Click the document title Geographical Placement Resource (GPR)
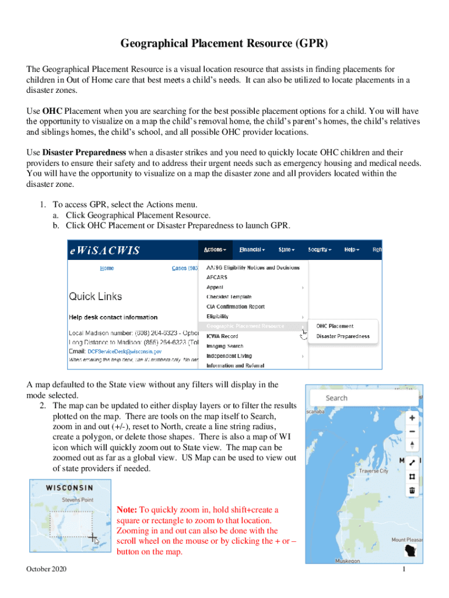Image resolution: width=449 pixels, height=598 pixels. click(224, 44)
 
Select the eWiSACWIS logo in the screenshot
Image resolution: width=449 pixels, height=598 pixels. click(105, 250)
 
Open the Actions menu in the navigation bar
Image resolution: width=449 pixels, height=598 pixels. click(214, 250)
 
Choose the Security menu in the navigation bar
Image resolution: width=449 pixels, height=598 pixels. click(320, 250)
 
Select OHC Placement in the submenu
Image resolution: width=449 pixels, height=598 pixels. click(335, 326)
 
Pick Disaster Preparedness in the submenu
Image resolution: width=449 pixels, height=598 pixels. click(343, 336)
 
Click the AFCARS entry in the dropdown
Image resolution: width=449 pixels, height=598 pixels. click(217, 277)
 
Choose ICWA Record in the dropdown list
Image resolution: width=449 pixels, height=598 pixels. click(222, 336)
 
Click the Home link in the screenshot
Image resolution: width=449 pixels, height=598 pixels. click(107, 268)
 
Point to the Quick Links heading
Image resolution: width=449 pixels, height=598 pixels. click(96, 296)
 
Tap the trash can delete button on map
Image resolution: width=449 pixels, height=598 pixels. click(412, 491)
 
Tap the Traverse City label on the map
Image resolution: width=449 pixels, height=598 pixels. click(374, 471)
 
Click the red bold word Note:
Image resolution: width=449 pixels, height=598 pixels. click(127, 510)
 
